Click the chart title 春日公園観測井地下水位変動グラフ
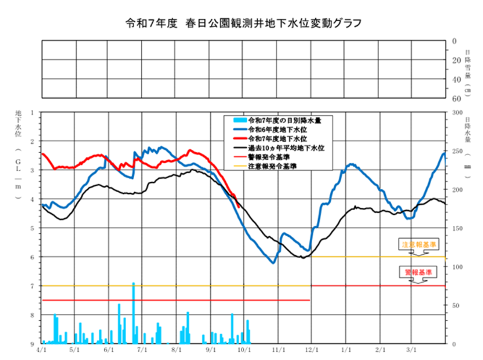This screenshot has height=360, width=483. (x=241, y=23)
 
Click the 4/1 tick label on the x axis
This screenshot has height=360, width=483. (x=41, y=350)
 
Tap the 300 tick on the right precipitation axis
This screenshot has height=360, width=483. (x=457, y=113)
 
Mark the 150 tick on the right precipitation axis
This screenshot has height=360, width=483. (x=457, y=228)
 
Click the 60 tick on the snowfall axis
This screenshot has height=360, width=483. (x=457, y=98)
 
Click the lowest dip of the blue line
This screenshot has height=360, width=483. (x=273, y=262)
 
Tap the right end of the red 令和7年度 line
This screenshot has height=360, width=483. (x=240, y=207)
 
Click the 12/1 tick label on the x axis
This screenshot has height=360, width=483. (x=312, y=350)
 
